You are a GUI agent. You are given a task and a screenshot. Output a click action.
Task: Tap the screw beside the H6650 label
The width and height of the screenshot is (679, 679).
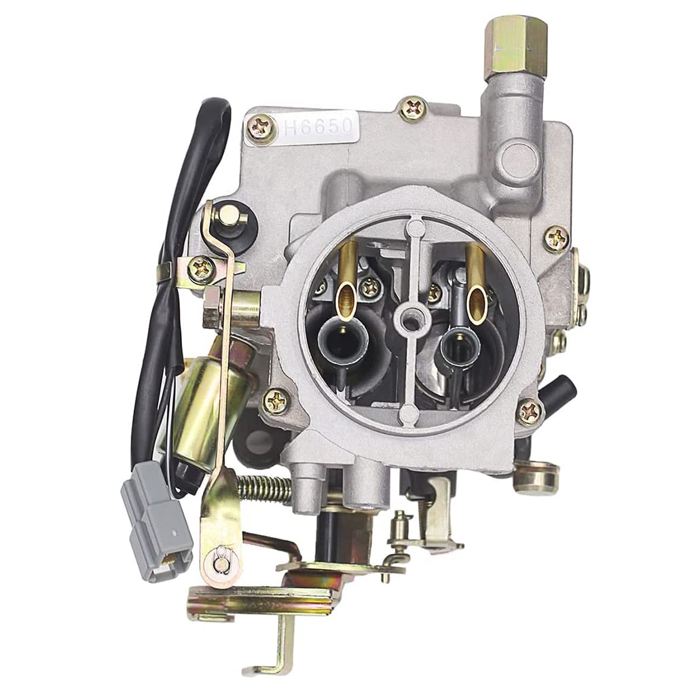pyautogui.click(x=261, y=127)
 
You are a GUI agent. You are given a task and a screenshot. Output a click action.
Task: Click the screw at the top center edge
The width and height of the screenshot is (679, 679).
pyautogui.click(x=413, y=108)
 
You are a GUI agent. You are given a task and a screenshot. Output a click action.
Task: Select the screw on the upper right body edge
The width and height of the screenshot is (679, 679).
pyautogui.click(x=556, y=238)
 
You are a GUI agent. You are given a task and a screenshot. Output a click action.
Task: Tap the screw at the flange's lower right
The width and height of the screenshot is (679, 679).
pyautogui.click(x=529, y=411)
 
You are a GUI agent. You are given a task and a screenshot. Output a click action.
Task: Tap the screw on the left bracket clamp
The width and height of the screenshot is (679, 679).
pyautogui.click(x=202, y=270)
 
